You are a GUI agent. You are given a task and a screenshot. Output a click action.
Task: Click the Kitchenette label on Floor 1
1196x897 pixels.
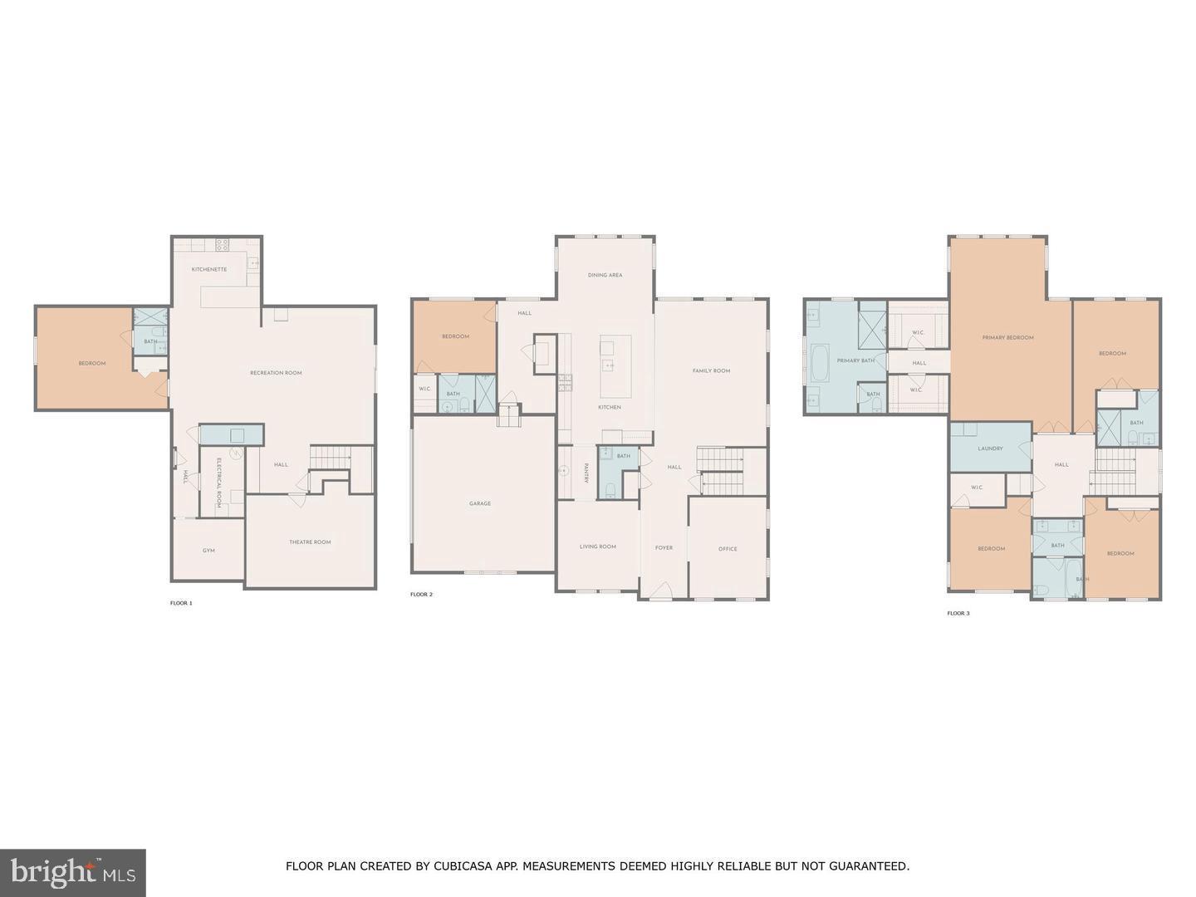[209, 269]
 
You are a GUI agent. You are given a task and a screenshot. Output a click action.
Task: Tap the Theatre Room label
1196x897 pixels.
[310, 542]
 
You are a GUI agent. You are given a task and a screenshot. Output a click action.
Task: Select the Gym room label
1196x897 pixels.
[208, 551]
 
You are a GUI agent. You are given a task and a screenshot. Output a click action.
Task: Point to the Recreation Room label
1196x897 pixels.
[276, 373]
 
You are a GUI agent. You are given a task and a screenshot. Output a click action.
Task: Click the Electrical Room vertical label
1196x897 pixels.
[219, 483]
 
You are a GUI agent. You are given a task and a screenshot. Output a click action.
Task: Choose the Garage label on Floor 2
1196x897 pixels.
[480, 503]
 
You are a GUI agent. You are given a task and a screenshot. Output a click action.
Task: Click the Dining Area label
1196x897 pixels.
[605, 275]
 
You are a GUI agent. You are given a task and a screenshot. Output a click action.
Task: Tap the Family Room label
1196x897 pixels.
[711, 370]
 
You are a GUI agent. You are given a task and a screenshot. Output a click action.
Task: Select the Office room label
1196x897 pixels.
[728, 549]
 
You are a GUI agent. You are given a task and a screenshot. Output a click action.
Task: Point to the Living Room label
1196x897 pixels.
[598, 547]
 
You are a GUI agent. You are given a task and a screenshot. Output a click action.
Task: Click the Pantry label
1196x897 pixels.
[586, 473]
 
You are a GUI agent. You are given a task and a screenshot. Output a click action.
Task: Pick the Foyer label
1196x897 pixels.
[664, 548]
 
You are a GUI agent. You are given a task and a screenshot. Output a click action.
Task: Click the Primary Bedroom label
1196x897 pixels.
[1007, 338]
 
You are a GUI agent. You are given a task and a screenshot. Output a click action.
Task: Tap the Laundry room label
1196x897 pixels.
[990, 448]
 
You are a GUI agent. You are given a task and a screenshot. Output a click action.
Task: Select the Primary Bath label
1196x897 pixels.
[855, 360]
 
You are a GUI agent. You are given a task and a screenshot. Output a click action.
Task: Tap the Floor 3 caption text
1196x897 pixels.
[958, 614]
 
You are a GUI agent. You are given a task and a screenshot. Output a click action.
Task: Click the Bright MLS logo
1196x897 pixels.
[73, 872]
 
